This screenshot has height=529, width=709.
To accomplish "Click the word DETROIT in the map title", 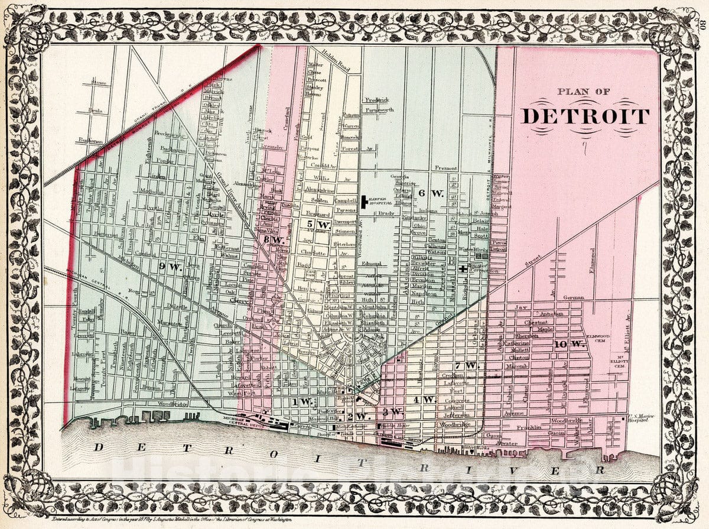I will point(585,116).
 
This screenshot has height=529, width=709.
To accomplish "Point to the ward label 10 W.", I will point(570,344).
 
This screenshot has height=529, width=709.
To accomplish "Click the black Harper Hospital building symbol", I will point(363,202).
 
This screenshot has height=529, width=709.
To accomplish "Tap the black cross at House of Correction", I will point(463,270).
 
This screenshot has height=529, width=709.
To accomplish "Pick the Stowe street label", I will point(98,83).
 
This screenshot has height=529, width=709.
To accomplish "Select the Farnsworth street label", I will point(378,110).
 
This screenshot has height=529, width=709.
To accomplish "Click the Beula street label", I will point(95,111).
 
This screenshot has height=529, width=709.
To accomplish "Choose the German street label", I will point(573,297).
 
